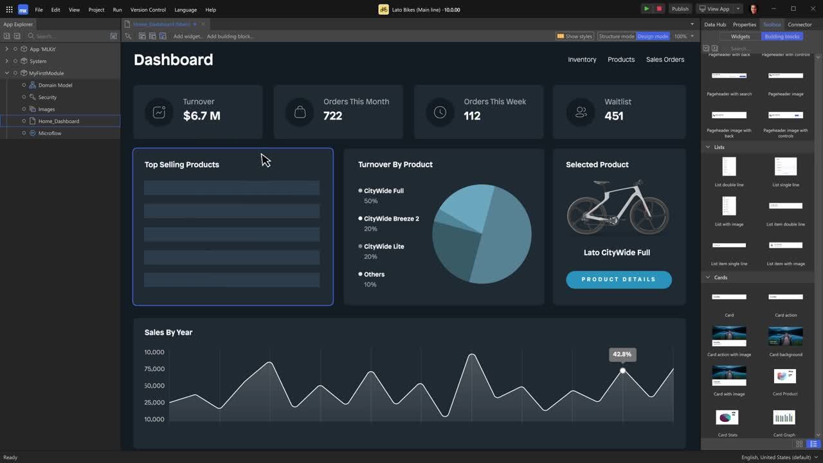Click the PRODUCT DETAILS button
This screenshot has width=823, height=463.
click(619, 280)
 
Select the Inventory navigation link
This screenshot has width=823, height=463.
click(582, 59)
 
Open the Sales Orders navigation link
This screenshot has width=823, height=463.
click(665, 59)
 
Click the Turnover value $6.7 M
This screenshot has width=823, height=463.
click(201, 116)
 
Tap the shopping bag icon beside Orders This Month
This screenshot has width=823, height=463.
click(300, 112)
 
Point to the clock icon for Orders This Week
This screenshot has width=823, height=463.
click(440, 112)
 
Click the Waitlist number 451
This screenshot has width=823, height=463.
click(614, 116)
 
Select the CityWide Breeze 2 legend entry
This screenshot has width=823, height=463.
click(391, 219)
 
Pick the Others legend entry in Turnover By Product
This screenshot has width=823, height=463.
click(374, 275)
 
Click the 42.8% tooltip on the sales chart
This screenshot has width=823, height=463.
click(622, 354)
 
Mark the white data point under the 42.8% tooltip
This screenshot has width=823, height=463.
click(622, 370)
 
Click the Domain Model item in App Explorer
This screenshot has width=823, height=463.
click(55, 85)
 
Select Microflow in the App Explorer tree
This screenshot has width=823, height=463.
click(50, 133)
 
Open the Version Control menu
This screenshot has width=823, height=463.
click(148, 10)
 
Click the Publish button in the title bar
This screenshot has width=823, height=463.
click(680, 9)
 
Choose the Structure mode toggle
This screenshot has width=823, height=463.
click(617, 36)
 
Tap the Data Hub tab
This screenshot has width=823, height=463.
click(715, 24)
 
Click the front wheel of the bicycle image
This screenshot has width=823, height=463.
click(649, 217)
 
